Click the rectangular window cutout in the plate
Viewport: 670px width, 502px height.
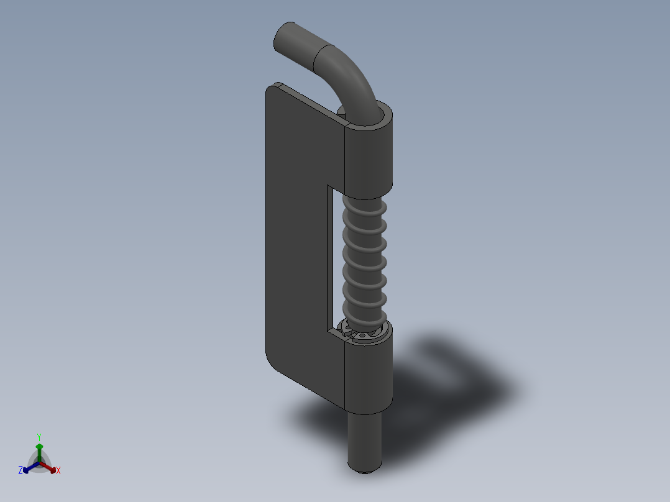[336, 261]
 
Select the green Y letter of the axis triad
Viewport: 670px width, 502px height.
[39, 437]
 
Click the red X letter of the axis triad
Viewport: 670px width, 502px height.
[58, 471]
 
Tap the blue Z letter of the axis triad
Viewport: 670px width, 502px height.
[21, 471]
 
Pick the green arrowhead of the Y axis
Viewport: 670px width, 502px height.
[39, 446]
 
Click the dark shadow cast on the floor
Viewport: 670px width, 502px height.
[447, 385]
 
